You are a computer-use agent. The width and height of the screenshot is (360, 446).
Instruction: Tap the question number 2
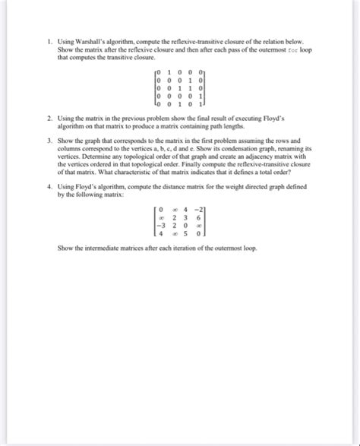[49, 119]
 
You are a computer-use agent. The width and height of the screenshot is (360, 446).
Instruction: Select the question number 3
[49, 141]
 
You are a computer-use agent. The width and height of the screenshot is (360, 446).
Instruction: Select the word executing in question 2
[238, 119]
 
